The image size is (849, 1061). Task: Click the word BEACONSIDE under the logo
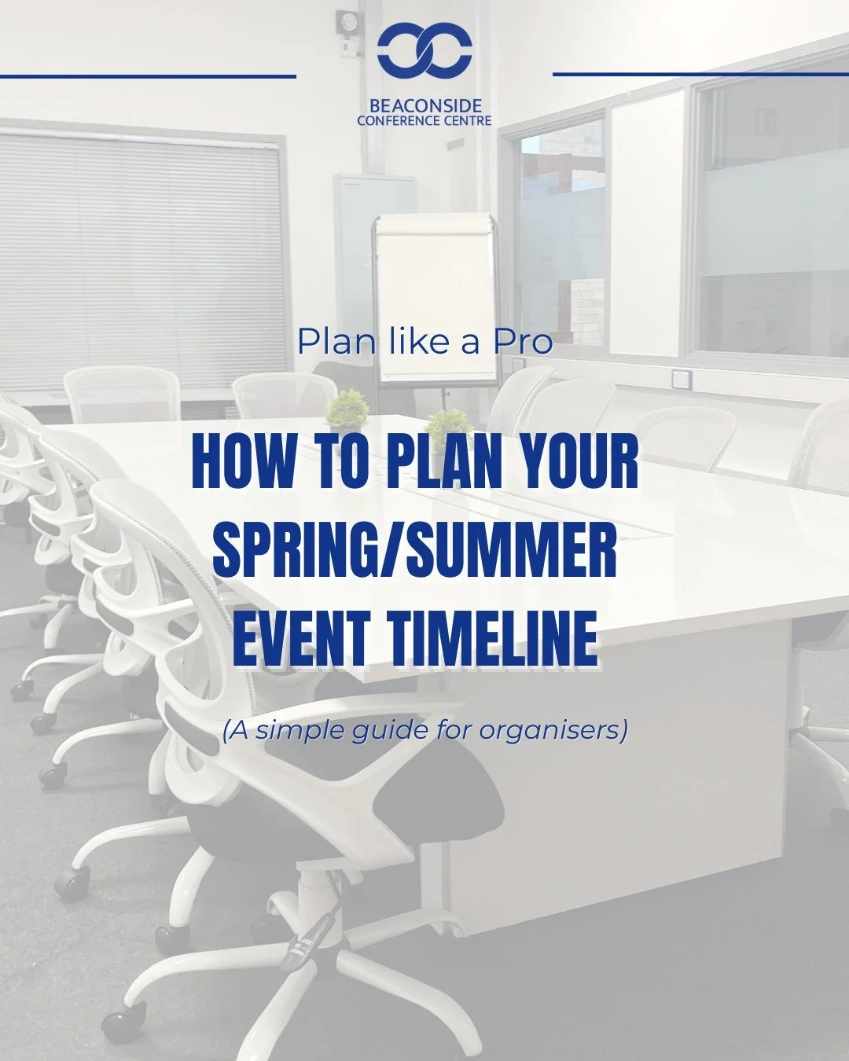424,105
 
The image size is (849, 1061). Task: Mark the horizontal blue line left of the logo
148,76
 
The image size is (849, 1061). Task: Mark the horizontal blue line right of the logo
700,74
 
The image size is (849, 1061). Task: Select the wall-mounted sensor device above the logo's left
347,21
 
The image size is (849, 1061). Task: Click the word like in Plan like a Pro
402,343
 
